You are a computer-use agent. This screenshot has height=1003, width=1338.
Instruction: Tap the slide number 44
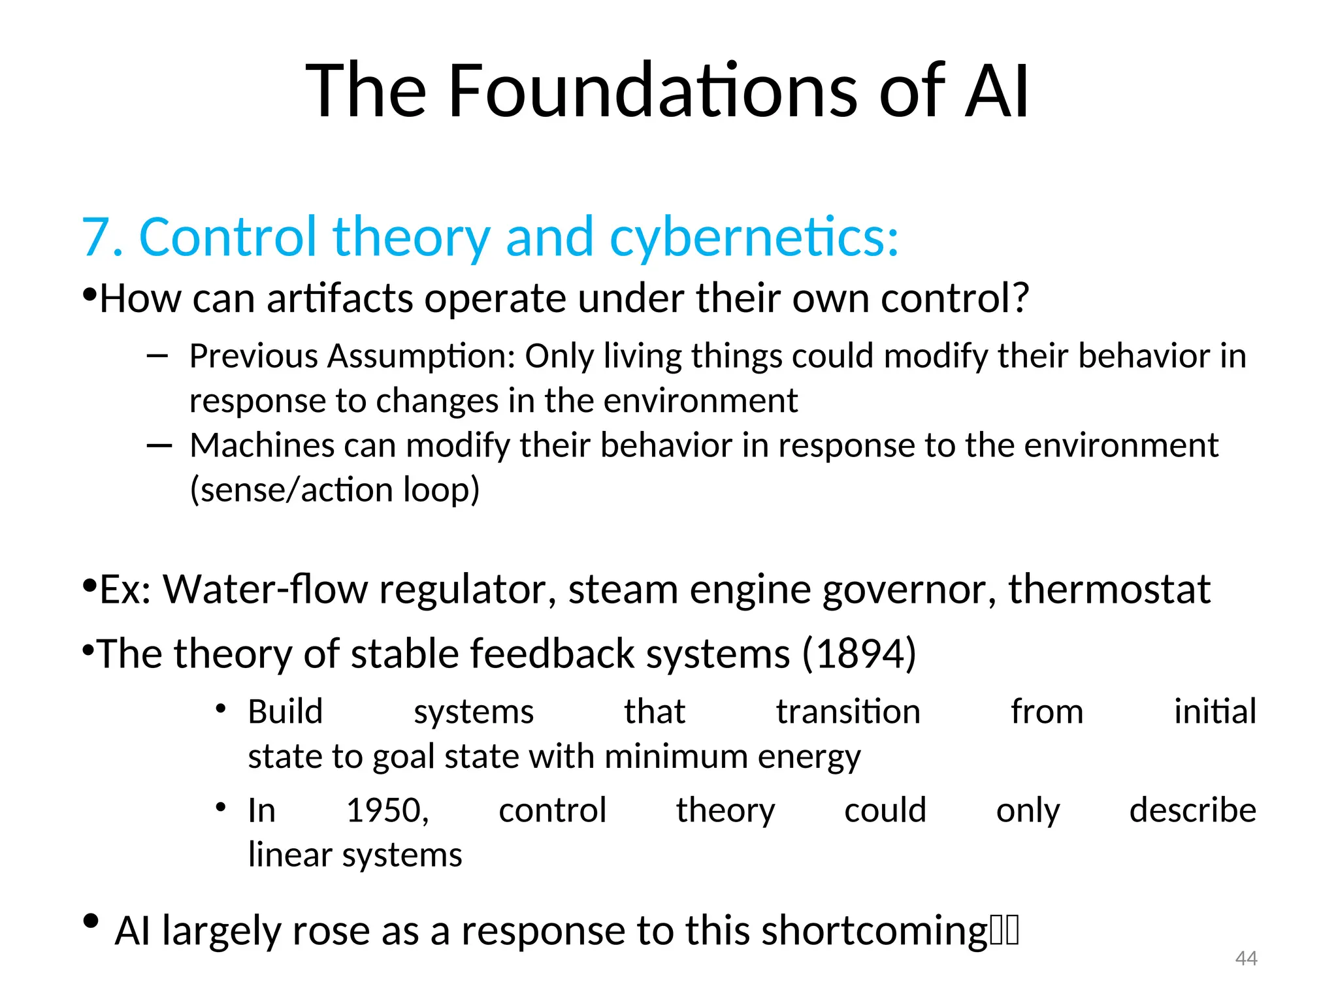click(x=1246, y=958)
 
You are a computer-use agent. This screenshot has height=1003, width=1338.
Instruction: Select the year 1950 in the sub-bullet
click(x=387, y=810)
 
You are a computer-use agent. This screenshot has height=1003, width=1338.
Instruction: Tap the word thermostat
click(x=1109, y=589)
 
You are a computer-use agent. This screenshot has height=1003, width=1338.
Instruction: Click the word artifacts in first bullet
click(x=340, y=298)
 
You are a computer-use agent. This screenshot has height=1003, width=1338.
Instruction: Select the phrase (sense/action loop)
click(x=334, y=490)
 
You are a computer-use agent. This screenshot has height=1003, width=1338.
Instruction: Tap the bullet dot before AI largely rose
click(x=91, y=921)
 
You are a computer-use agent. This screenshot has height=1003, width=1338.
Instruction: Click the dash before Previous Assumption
click(x=157, y=357)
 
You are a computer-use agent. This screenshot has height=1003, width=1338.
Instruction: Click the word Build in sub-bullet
click(x=286, y=712)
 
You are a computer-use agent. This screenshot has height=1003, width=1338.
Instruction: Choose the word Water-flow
click(x=265, y=589)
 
